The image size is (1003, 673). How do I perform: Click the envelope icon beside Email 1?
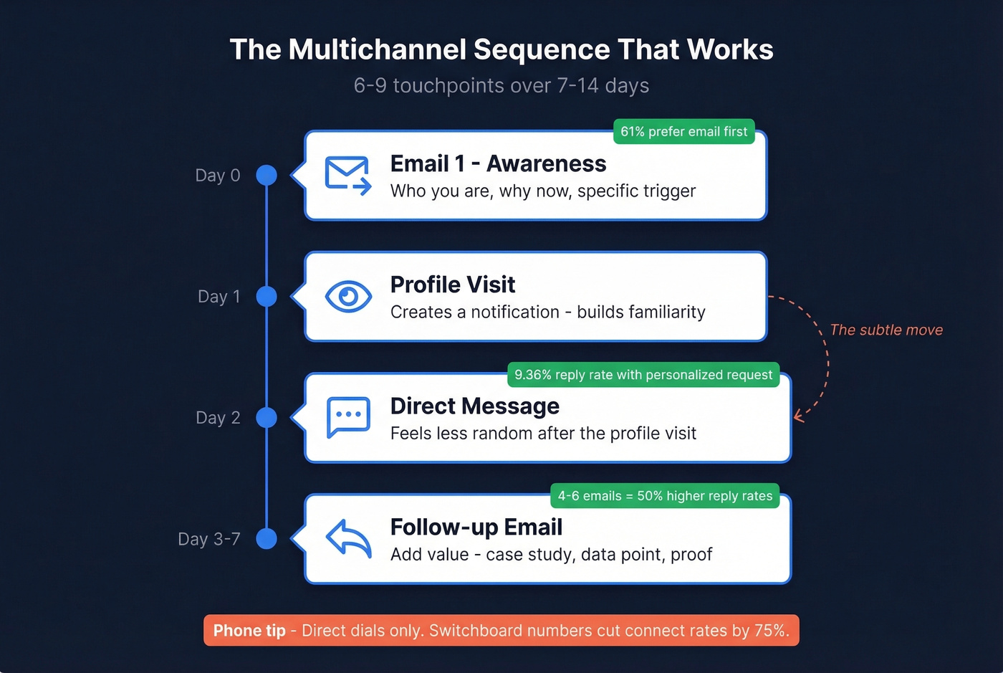347,175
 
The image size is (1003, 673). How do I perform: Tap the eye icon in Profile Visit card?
348,296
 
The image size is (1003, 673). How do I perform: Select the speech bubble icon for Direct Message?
348,416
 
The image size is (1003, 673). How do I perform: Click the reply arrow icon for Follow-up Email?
348,538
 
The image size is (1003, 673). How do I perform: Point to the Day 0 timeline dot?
267,175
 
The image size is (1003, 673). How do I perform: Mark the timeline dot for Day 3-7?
267,538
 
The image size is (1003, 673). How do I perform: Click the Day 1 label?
219,297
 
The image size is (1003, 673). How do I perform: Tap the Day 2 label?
218,418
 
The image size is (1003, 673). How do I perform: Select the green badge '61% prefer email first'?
683,131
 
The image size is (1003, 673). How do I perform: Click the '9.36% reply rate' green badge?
643,374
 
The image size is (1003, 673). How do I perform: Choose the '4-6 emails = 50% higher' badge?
664,496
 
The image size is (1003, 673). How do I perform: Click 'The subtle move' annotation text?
886,330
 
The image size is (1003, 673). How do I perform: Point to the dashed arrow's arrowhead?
797,416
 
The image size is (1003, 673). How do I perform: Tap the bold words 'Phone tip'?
249,631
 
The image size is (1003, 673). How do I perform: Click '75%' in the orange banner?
772,631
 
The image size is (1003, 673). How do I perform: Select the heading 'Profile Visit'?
452,285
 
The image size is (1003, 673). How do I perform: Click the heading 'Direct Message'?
474,406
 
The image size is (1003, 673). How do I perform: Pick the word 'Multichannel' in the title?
377,49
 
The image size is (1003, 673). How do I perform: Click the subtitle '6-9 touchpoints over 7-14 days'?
501,85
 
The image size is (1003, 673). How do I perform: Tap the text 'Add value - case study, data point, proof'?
551,555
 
